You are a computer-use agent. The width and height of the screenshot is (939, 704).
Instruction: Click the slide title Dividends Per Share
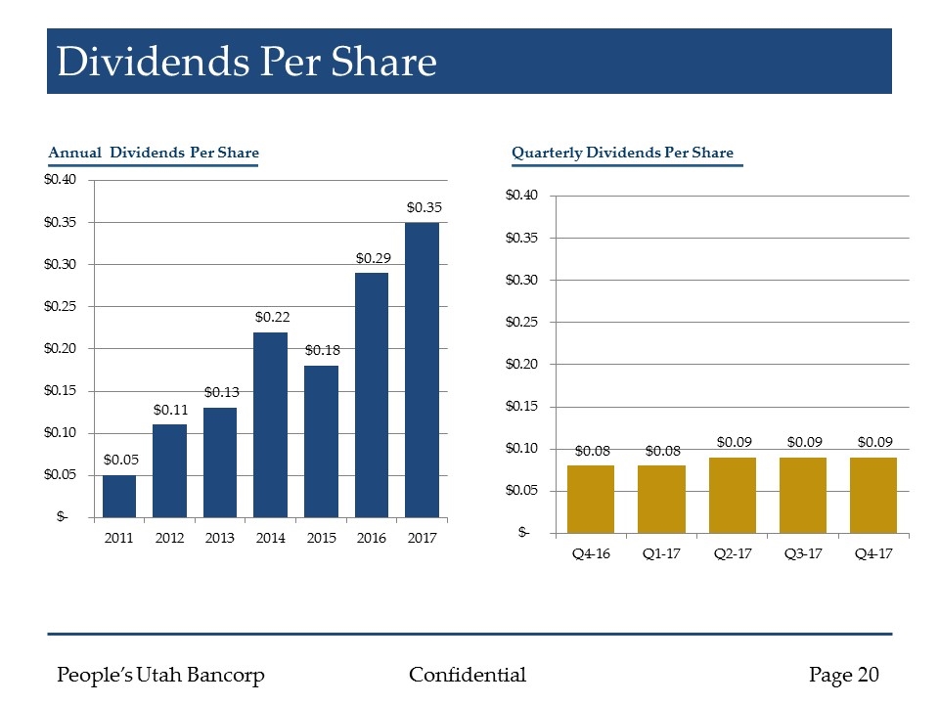[x=246, y=62]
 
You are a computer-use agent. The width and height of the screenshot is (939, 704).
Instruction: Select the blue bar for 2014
[x=271, y=423]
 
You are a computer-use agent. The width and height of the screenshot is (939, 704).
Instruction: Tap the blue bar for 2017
[x=423, y=369]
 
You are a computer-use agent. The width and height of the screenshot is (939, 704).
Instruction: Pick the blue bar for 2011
[x=119, y=495]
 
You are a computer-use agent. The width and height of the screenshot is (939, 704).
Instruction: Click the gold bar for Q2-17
[x=732, y=494]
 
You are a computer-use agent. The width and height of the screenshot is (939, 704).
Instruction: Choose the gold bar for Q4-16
[x=591, y=499]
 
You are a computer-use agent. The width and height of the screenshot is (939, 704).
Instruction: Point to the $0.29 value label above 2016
[x=372, y=258]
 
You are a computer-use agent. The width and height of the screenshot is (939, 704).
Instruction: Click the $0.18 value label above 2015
[x=321, y=349]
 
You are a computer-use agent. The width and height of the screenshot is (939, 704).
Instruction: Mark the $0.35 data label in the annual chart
[x=424, y=207]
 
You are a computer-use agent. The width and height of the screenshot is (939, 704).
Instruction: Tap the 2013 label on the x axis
[x=220, y=538]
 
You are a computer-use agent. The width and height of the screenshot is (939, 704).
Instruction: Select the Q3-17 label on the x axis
[x=803, y=553]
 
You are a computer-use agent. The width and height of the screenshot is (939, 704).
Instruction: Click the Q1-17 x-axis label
[x=661, y=553]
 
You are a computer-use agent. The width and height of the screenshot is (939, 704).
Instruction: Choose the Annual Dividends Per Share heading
[x=154, y=153]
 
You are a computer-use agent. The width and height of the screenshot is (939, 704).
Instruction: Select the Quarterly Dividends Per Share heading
[x=622, y=153]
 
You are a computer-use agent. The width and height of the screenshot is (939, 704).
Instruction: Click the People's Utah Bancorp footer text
[x=161, y=675]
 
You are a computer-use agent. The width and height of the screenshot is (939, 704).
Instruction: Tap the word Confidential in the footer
[x=468, y=675]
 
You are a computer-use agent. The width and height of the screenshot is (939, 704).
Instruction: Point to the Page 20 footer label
[x=844, y=675]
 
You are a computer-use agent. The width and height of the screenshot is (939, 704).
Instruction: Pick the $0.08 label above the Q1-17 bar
[x=662, y=451]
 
